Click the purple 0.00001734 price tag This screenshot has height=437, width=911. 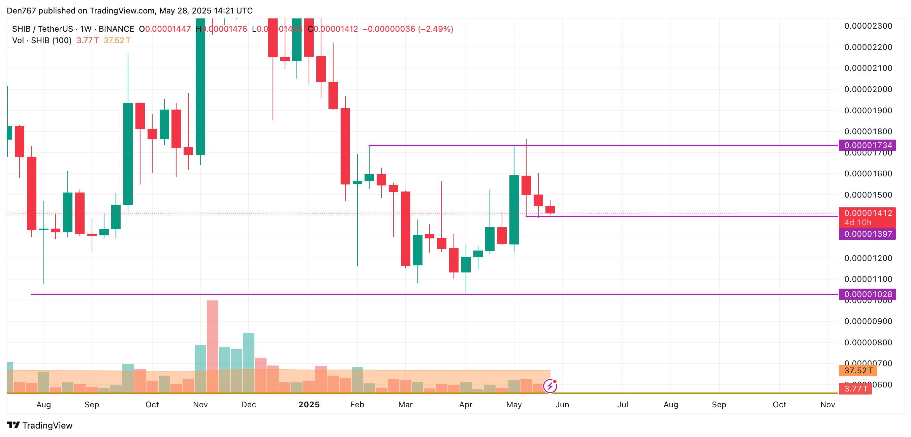867,145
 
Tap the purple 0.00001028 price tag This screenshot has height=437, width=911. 867,294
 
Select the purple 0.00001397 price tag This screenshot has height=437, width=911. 867,234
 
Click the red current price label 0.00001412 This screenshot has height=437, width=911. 867,213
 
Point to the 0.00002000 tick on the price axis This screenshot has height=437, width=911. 868,89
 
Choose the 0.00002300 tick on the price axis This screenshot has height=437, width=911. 868,26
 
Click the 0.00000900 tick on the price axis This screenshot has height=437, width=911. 868,321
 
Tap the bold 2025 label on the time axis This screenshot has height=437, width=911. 309,404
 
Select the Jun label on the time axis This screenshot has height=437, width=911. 562,404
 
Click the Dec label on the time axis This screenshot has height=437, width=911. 248,404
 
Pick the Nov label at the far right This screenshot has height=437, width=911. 827,404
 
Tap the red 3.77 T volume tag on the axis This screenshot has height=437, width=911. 855,388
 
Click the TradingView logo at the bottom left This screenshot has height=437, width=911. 40,425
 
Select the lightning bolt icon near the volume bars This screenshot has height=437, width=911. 550,386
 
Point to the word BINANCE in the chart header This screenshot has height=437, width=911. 116,29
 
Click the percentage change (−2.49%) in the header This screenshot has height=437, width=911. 435,29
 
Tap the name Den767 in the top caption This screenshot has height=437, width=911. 21,10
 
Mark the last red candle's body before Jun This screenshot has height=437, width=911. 550,209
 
